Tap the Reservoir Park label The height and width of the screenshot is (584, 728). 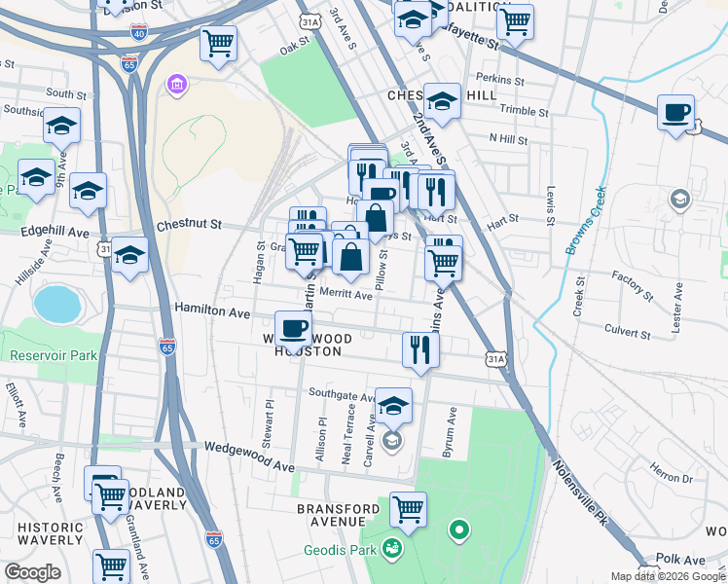[x=54, y=355]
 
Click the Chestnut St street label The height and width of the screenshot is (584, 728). [x=189, y=225]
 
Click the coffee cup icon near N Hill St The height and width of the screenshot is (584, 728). [x=676, y=112]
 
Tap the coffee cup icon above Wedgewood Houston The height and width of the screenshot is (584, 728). [x=293, y=329]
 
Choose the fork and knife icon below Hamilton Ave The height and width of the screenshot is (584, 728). [x=419, y=348]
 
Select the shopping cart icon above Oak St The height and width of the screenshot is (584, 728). [x=219, y=43]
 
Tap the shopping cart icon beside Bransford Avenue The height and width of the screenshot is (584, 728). [x=408, y=509]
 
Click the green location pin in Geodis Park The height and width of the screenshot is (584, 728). [x=458, y=530]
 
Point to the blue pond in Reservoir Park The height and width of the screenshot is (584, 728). [x=58, y=304]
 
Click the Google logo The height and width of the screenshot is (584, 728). [x=32, y=572]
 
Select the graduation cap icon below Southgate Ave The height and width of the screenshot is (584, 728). [x=393, y=405]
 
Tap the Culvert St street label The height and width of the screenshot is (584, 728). [x=627, y=334]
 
